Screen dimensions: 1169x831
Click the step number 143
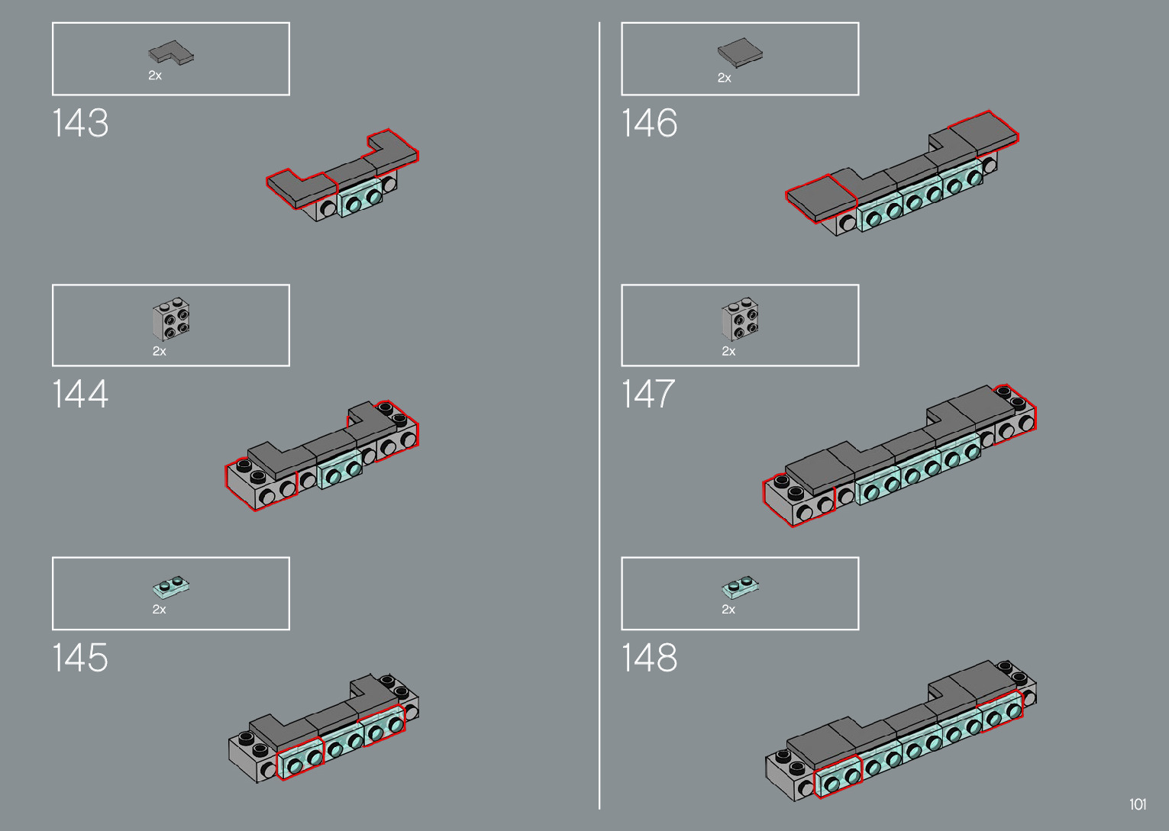(x=80, y=124)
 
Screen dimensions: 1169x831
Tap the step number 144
(x=80, y=395)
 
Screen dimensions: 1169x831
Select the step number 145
(x=80, y=658)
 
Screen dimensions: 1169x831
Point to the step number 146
(x=649, y=124)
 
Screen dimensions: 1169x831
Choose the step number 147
(x=648, y=395)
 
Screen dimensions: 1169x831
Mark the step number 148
(x=649, y=658)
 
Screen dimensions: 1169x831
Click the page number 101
(x=1138, y=804)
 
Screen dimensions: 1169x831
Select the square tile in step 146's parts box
(x=739, y=53)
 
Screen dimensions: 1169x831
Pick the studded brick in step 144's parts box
(x=172, y=320)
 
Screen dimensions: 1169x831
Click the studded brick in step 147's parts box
(x=740, y=319)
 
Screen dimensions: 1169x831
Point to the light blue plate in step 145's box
(x=172, y=587)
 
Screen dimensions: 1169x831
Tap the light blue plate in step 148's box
(x=740, y=587)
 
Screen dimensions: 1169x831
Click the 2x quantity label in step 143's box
(x=155, y=76)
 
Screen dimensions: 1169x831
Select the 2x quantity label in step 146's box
(x=725, y=78)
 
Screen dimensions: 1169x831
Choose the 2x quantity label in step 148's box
(x=728, y=610)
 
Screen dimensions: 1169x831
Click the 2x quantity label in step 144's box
(x=159, y=352)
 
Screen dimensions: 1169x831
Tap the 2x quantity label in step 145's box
(x=159, y=610)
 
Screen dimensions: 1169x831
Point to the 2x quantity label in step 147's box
(x=728, y=352)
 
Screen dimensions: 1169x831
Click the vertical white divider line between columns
(x=599, y=416)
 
